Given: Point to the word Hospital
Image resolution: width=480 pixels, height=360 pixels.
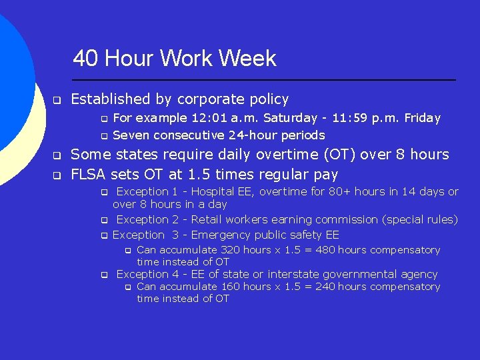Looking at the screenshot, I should [214, 192].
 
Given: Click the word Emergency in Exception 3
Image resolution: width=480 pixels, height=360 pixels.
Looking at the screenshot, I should [225, 235].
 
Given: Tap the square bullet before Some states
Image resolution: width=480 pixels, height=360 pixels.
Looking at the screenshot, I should [57, 156].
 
